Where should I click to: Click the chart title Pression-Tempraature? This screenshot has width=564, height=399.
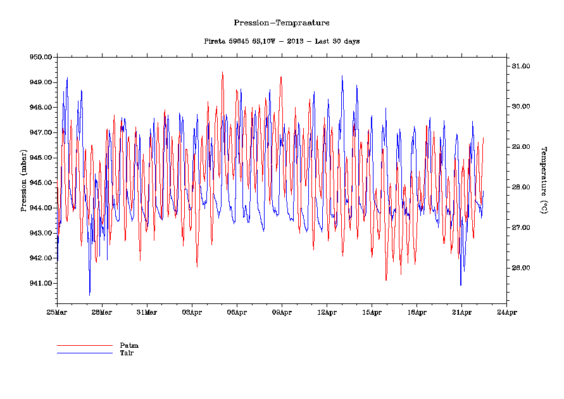[x=282, y=23]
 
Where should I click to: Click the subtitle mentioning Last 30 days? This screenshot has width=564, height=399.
[x=282, y=41]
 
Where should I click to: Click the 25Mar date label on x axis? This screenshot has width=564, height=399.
[x=57, y=312]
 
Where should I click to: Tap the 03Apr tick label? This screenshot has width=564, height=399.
[x=192, y=312]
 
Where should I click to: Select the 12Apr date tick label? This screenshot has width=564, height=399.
[x=327, y=312]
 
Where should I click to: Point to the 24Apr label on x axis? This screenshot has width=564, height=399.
[x=506, y=312]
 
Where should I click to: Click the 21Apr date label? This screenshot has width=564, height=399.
[x=461, y=312]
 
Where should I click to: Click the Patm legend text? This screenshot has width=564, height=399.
[x=128, y=345]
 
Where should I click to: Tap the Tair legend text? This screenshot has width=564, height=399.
[x=127, y=353]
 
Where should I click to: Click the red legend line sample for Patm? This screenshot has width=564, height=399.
[x=84, y=346]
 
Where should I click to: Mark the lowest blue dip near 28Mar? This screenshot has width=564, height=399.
[x=89, y=294]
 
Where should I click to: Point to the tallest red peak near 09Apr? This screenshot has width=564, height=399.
[x=280, y=77]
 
